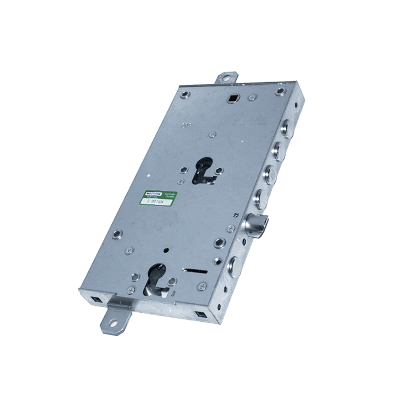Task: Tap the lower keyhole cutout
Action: tap(156, 278)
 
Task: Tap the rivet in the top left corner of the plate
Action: tap(185, 94)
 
